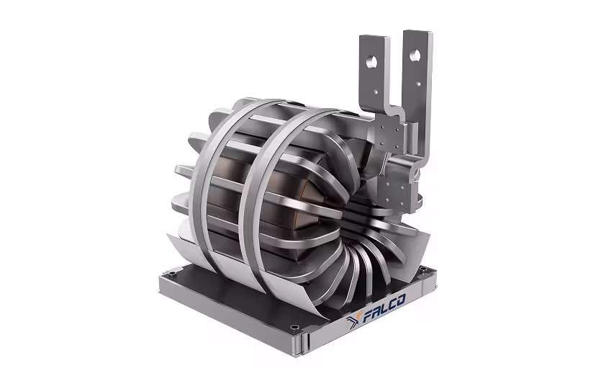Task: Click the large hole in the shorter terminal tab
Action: pos(371,61)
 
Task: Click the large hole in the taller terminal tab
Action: pos(415,56)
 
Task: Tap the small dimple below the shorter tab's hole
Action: pos(375,91)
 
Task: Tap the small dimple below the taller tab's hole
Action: pos(418,84)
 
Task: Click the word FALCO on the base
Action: pos(384,308)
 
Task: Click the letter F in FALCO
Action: pos(369,316)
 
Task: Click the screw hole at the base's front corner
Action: pos(294,327)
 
